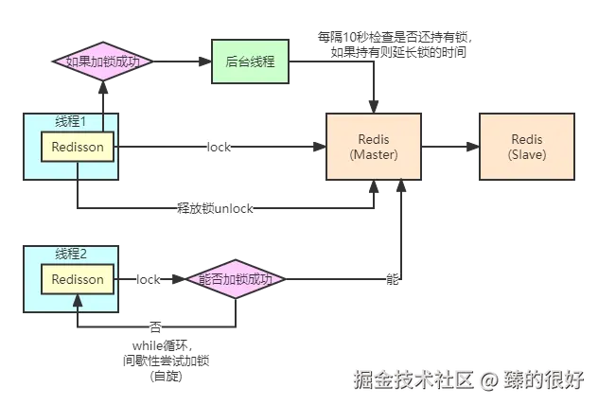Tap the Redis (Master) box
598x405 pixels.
pyautogui.click(x=374, y=147)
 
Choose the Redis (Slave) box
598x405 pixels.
pyautogui.click(x=525, y=147)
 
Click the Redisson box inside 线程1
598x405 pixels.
pyautogui.click(x=78, y=147)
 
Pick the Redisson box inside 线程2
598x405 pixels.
pyautogui.click(x=78, y=279)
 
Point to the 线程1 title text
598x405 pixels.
pyautogui.click(x=72, y=121)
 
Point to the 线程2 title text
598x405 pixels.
pyautogui.click(x=72, y=254)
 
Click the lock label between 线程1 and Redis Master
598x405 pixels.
pyautogui.click(x=220, y=148)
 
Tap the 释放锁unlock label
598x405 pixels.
pyautogui.click(x=216, y=209)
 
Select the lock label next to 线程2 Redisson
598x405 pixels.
pyautogui.click(x=149, y=279)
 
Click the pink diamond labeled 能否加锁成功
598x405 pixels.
pyautogui.click(x=236, y=279)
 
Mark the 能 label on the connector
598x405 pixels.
pyautogui.click(x=393, y=279)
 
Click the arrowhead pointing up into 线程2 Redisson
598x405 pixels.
pyautogui.click(x=78, y=300)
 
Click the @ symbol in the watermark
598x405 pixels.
pyautogui.click(x=487, y=379)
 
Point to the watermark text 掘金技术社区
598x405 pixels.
pyautogui.click(x=412, y=379)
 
